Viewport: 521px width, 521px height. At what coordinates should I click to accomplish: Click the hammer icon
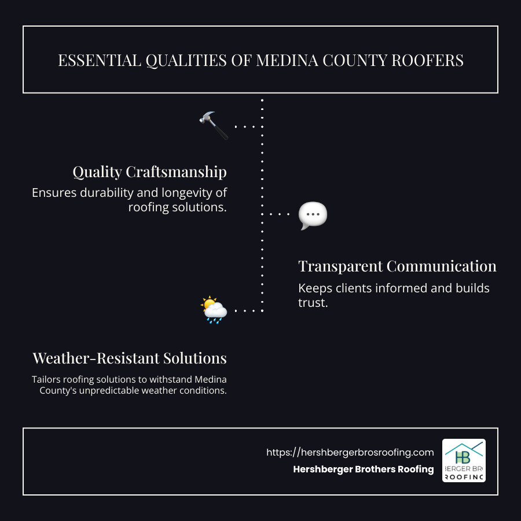coord(214,126)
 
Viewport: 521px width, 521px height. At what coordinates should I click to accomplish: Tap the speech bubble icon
coord(313,216)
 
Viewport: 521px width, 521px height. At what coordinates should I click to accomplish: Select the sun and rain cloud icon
coord(214,310)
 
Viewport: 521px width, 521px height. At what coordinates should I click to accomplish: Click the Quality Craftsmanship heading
coord(149,172)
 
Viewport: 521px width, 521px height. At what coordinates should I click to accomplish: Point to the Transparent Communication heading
coord(397,266)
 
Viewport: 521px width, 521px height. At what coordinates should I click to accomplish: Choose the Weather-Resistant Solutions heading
coord(130,358)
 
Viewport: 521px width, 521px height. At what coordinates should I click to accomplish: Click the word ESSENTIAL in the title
coord(93,60)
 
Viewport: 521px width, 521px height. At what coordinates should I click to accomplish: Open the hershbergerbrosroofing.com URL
coord(350,453)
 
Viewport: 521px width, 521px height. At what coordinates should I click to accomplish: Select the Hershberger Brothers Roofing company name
coord(364,469)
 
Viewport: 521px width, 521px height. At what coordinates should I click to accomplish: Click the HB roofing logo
coord(464,460)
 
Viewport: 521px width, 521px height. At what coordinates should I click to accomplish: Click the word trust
coord(313,302)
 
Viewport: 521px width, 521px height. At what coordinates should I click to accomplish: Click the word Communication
coord(442,266)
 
